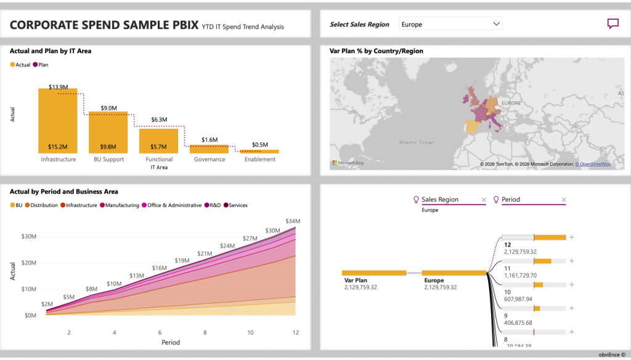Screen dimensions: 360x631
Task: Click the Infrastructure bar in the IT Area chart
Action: [x=58, y=121]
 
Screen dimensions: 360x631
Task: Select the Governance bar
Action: [x=209, y=149]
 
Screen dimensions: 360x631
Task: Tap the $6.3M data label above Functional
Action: [x=158, y=120]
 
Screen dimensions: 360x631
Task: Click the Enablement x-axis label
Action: [x=259, y=159]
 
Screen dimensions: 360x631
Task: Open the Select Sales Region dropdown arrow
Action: [x=496, y=24]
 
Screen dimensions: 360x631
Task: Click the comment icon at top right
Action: [x=613, y=24]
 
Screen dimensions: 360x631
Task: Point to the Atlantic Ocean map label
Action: [x=417, y=142]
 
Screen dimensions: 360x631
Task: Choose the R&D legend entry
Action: [x=213, y=205]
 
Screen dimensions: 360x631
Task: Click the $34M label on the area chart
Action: [x=293, y=221]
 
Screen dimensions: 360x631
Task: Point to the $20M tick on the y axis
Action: [x=28, y=263]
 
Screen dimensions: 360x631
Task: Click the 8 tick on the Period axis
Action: [x=205, y=332]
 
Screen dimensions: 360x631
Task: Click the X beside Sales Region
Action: [x=484, y=200]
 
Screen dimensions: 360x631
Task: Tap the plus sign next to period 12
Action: [x=571, y=237]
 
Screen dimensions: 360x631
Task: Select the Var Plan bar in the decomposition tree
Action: [x=373, y=272]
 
